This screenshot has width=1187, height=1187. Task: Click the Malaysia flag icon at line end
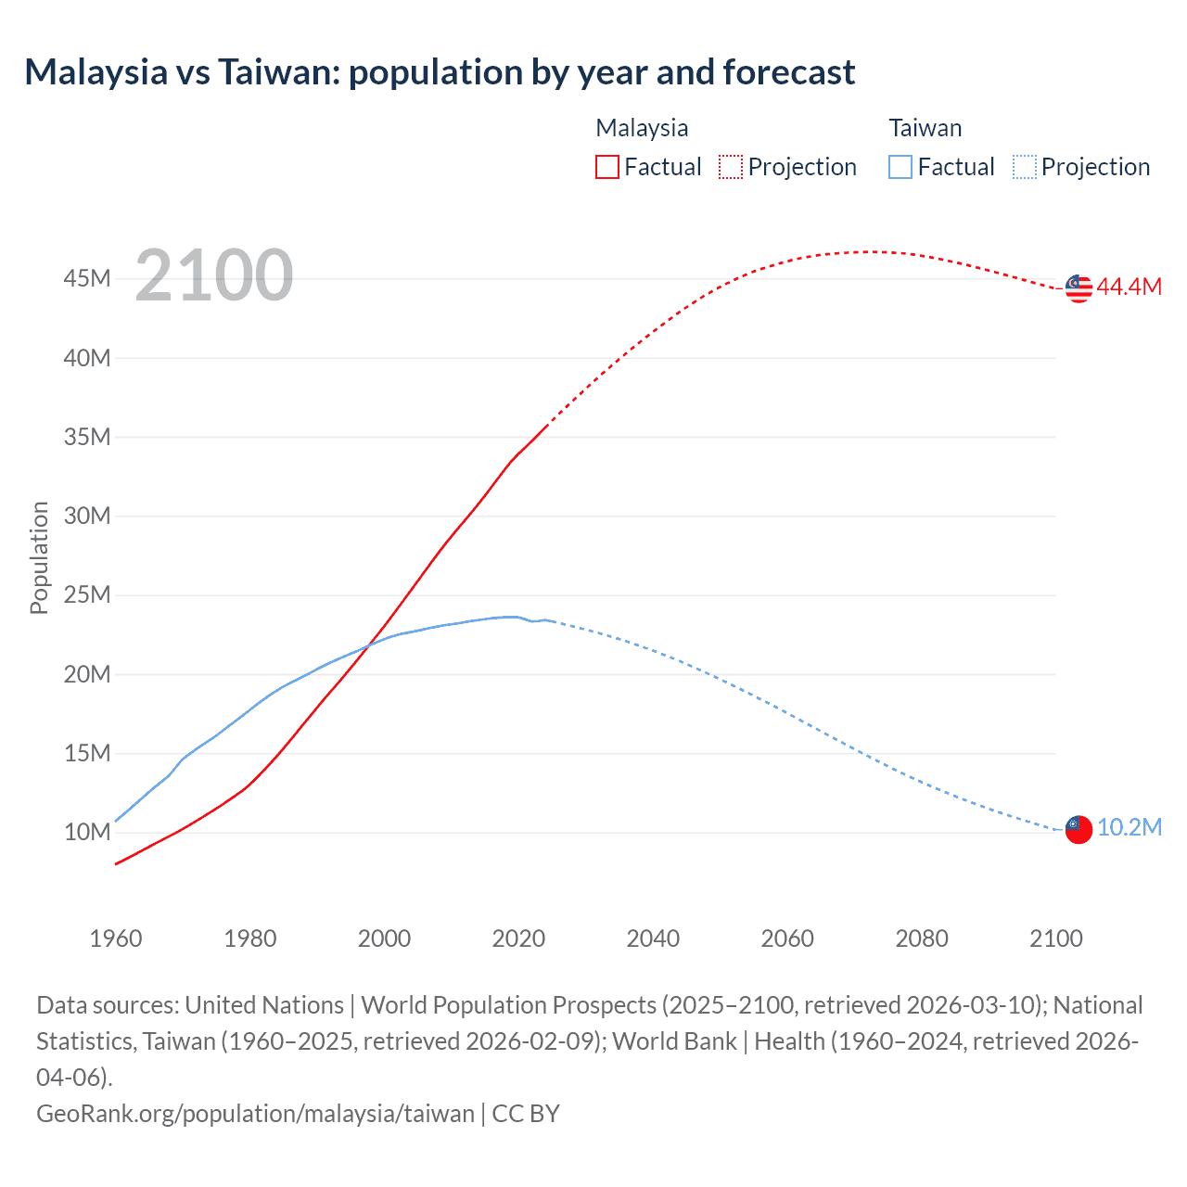pos(1079,288)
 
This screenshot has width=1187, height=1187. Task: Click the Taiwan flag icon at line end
pos(1079,829)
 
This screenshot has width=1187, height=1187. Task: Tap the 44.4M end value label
pos(1129,287)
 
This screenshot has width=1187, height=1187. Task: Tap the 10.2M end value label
pos(1129,827)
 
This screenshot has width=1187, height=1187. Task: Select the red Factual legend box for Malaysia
pos(607,167)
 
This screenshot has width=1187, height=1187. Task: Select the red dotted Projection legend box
pos(731,167)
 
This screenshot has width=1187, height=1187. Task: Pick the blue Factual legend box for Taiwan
pos(900,167)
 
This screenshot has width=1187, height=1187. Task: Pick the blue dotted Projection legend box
pos(1025,167)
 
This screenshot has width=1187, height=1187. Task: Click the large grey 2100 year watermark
pos(214,275)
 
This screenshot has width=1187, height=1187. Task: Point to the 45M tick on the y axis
pos(87,278)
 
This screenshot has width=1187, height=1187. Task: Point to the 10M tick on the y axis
pos(87,832)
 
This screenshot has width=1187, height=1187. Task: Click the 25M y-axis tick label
pos(87,594)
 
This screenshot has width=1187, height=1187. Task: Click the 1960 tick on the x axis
pos(116,938)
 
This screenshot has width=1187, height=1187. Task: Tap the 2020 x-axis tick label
pos(518,938)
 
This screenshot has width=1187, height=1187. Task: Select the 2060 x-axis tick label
pos(787,938)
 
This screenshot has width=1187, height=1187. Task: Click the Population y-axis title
pos(39,557)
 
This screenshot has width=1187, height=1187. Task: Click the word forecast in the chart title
pos(789,71)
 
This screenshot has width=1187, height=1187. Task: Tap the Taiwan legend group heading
pos(925,128)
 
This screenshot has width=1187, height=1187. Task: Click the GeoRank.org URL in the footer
pos(255,1113)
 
